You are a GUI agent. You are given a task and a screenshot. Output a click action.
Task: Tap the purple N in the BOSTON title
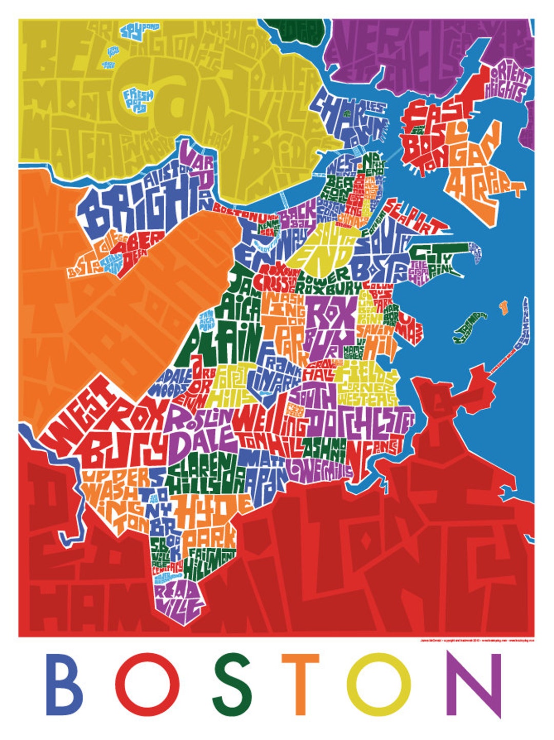click(473, 684)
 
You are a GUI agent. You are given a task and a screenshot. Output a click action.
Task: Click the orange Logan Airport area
click(482, 164)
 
